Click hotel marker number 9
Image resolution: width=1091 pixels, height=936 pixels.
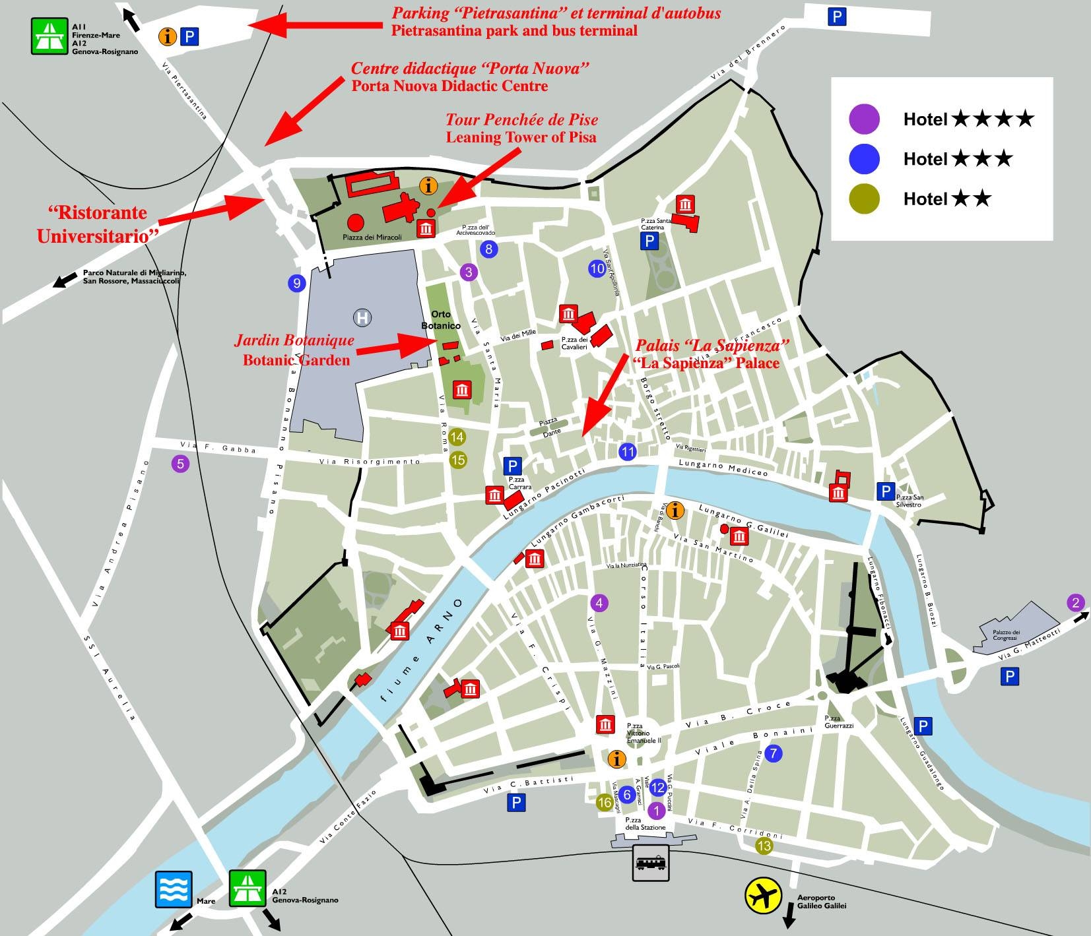[x=296, y=284]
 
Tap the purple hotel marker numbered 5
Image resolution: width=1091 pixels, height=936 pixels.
[x=180, y=464]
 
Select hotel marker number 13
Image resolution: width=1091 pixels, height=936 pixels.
[x=764, y=846]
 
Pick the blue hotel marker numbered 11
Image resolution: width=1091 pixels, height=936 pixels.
[x=627, y=452]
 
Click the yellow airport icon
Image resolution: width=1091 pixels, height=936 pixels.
[x=763, y=896]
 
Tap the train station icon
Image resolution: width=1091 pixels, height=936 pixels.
[x=651, y=863]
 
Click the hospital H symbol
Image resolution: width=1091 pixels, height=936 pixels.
[x=362, y=318]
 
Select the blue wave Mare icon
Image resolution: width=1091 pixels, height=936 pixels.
[x=174, y=889]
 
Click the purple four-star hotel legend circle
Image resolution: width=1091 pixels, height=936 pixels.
[x=864, y=119]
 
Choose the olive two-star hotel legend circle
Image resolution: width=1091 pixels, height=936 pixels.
[x=864, y=199]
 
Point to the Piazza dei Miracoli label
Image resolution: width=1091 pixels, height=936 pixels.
[x=372, y=237]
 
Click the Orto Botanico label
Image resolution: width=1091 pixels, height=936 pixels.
[x=441, y=320]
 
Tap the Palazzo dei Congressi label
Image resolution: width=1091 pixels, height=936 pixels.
[x=1006, y=635]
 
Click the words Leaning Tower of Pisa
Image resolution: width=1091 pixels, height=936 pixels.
[x=521, y=138]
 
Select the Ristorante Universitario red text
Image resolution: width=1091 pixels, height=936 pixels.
[x=92, y=224]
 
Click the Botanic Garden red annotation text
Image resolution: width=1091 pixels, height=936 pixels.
[x=296, y=360]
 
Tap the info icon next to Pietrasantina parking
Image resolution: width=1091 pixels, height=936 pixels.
[x=168, y=36]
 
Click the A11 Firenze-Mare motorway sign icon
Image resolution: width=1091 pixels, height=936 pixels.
[x=50, y=36]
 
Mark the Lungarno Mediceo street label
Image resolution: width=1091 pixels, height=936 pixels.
[x=723, y=468]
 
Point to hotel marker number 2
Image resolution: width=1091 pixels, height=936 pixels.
[x=1076, y=602]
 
